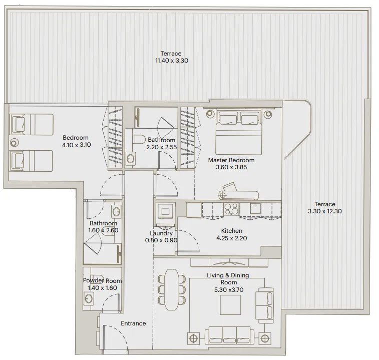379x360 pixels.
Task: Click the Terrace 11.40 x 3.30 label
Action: (x=171, y=57)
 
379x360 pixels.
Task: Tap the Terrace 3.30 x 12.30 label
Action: (x=324, y=208)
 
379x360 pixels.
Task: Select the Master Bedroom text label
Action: (x=231, y=164)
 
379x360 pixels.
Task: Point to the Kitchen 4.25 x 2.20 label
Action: (x=231, y=234)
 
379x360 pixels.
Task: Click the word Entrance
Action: (x=133, y=323)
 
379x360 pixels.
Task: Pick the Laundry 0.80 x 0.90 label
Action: (x=161, y=236)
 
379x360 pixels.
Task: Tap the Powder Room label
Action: (x=102, y=284)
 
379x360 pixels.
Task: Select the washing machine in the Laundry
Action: (x=165, y=211)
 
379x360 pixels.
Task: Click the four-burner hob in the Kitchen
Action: (x=231, y=208)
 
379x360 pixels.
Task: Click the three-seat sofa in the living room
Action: (x=229, y=334)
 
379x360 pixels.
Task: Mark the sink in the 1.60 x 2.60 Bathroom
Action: (x=116, y=211)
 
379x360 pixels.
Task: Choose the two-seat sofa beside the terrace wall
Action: (x=264, y=304)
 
